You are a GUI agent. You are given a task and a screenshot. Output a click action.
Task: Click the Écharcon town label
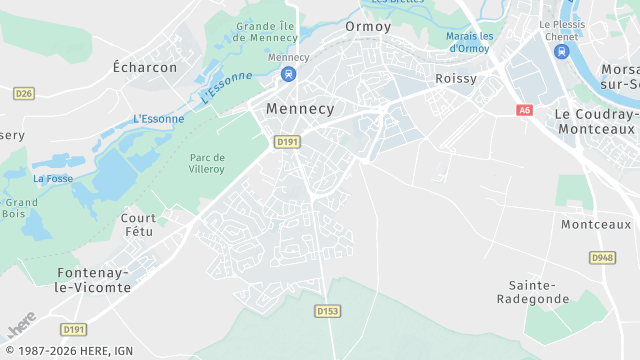tap(145, 68)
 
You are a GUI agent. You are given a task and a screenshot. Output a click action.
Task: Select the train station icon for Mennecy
tap(289, 74)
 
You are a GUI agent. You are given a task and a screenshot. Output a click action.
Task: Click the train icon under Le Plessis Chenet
tap(561, 52)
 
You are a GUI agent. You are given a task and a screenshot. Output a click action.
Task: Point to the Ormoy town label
tap(368, 26)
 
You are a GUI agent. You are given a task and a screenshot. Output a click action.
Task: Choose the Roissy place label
tap(455, 78)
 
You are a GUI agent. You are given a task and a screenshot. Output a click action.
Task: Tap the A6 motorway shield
tap(525, 110)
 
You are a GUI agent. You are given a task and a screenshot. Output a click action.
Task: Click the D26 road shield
tap(24, 93)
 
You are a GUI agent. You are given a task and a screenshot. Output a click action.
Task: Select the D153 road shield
tap(328, 312)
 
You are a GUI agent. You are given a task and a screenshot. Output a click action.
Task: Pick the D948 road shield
tap(601, 257)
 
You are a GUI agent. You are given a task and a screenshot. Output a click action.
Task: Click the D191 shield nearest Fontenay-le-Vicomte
tap(73, 329)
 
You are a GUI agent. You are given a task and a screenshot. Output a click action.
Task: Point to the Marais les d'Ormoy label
tap(470, 42)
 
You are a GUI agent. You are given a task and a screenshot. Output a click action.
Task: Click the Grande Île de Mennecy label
tap(268, 32)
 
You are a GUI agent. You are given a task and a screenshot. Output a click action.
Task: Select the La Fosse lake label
tap(52, 179)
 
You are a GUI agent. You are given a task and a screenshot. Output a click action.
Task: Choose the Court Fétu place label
tap(138, 225)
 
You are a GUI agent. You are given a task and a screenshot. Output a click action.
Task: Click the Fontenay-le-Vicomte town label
tap(93, 280)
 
